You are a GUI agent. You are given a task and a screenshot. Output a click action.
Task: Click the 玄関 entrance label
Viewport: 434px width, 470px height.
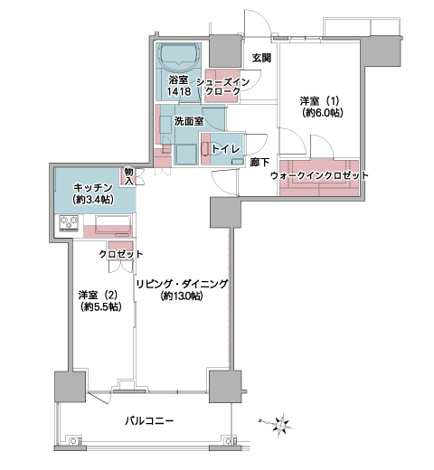[261, 58]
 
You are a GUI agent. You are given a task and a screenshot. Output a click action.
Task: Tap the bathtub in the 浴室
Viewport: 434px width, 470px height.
[179, 55]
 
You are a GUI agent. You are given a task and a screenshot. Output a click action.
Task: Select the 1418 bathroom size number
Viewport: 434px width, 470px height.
[179, 91]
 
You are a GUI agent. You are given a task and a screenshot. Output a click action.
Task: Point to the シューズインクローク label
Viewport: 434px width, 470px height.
[222, 86]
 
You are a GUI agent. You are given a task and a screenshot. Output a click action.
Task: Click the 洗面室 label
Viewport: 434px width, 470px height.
[189, 121]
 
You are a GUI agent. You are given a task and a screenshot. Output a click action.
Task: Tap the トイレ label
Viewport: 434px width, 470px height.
[225, 149]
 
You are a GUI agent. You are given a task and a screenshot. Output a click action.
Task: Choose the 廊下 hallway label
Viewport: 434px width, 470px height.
[259, 163]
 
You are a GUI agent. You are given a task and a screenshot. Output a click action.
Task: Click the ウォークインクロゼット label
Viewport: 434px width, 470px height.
[319, 175]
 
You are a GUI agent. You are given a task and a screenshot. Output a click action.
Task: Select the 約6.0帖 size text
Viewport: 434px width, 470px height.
[323, 113]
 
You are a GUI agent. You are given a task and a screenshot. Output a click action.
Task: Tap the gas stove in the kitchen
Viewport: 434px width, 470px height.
[69, 223]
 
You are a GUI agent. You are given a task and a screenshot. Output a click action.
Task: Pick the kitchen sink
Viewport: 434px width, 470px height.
[113, 224]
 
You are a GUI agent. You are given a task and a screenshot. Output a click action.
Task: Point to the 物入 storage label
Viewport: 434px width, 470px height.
[129, 176]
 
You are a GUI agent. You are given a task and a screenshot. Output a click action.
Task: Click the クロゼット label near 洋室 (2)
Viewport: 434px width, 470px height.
[121, 254]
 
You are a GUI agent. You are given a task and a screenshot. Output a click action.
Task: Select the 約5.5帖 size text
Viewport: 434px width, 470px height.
[101, 306]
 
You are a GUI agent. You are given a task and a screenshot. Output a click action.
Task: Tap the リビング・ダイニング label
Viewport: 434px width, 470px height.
[182, 284]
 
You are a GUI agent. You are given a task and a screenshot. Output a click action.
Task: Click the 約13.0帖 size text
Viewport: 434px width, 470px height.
[182, 296]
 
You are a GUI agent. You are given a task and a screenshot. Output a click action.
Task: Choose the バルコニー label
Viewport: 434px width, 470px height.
[149, 420]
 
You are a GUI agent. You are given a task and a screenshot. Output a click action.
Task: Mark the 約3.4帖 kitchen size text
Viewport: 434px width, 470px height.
[93, 200]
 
